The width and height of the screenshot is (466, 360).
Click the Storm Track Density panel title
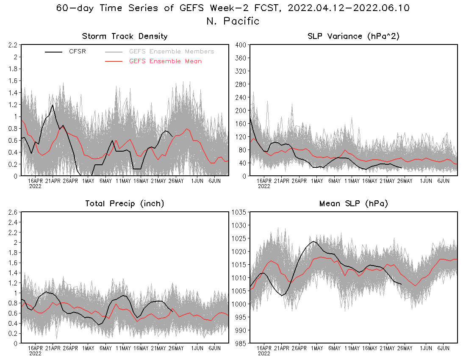click(125, 36)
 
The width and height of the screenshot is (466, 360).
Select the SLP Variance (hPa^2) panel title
click(353, 36)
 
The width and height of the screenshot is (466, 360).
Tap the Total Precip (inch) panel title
click(125, 204)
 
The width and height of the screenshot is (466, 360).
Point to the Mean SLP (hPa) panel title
click(353, 204)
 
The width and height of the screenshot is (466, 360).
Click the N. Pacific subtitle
click(233, 21)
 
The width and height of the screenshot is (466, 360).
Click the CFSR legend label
click(78, 52)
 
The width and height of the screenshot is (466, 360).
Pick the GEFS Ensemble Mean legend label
click(165, 61)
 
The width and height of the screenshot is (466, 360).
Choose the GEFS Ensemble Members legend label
click(171, 52)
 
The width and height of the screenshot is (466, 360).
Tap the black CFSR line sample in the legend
click(54, 52)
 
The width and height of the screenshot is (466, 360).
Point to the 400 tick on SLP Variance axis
click(241, 45)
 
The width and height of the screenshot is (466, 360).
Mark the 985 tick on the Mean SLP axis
click(241, 343)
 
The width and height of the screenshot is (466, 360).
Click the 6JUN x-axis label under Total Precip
click(214, 349)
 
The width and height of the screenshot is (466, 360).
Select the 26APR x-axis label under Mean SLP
click(299, 349)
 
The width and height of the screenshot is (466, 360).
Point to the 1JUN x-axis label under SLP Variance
click(426, 181)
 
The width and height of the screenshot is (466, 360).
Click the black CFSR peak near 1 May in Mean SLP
click(313, 241)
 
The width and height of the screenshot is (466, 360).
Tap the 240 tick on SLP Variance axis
click(241, 97)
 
